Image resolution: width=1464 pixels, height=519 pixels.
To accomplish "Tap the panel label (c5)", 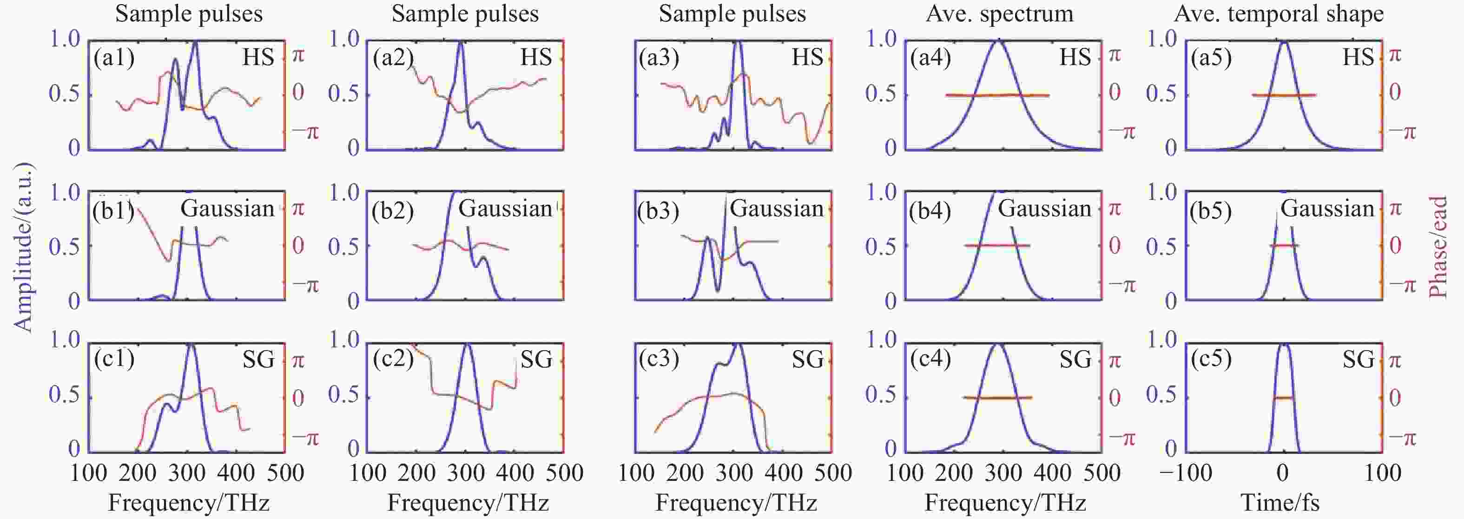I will point(1211,359).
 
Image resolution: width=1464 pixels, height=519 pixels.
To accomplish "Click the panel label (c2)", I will point(393,359).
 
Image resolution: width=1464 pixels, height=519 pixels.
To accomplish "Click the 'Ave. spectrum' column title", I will point(1000,13).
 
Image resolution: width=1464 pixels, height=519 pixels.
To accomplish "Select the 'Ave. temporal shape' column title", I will point(1279,13).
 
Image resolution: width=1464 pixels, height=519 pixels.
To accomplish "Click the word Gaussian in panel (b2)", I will point(505,209).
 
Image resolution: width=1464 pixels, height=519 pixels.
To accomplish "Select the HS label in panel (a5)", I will point(1358,57).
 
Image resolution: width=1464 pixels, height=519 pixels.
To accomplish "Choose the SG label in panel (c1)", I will point(258,359).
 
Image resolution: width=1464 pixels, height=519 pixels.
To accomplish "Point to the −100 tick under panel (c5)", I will point(1186,473).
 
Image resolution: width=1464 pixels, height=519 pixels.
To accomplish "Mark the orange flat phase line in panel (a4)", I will point(997,95).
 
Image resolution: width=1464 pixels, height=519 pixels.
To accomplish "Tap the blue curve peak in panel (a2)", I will point(460,42).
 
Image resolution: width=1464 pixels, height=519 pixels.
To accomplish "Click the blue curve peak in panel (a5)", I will point(1283,41).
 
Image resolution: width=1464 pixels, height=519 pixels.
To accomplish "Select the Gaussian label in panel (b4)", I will point(1045,209).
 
